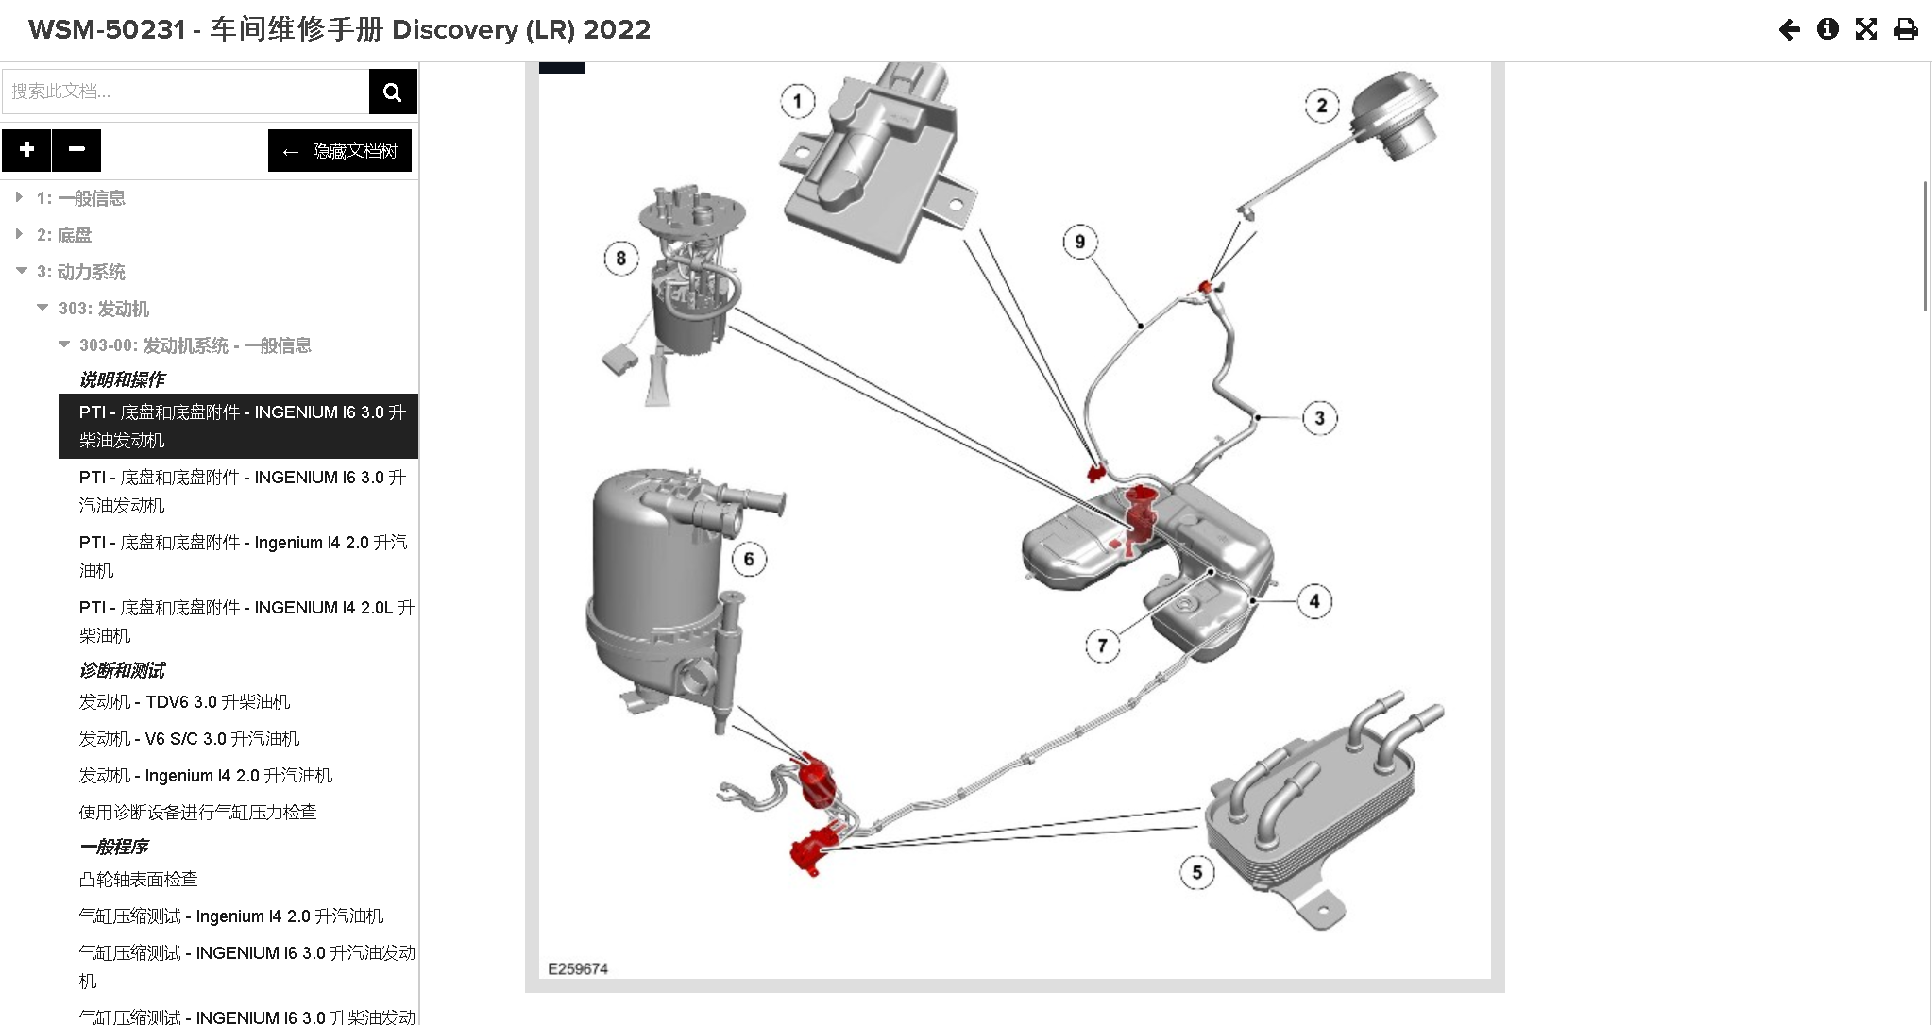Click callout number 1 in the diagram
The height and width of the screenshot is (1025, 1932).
tap(798, 102)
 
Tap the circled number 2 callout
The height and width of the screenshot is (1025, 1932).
tap(1321, 106)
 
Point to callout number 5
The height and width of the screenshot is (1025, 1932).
tap(1196, 872)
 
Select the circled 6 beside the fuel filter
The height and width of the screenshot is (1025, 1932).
tap(749, 559)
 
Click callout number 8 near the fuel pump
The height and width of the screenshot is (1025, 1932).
tap(620, 259)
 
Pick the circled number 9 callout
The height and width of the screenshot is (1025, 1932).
tap(1080, 242)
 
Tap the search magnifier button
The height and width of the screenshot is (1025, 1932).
tap(393, 92)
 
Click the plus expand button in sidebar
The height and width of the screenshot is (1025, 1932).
tap(26, 150)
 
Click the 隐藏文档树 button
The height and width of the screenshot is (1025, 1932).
tap(340, 151)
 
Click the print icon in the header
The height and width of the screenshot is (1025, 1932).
tap(1906, 29)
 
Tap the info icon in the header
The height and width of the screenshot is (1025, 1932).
tap(1827, 29)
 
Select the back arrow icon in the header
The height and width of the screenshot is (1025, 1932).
tap(1788, 29)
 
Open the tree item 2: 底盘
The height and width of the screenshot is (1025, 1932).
tap(64, 235)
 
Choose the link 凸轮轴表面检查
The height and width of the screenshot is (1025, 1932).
tap(139, 880)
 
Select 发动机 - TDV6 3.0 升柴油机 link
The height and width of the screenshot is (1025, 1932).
tap(184, 702)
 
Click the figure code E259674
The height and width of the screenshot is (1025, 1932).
tap(578, 969)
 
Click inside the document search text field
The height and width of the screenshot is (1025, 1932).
tap(185, 92)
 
